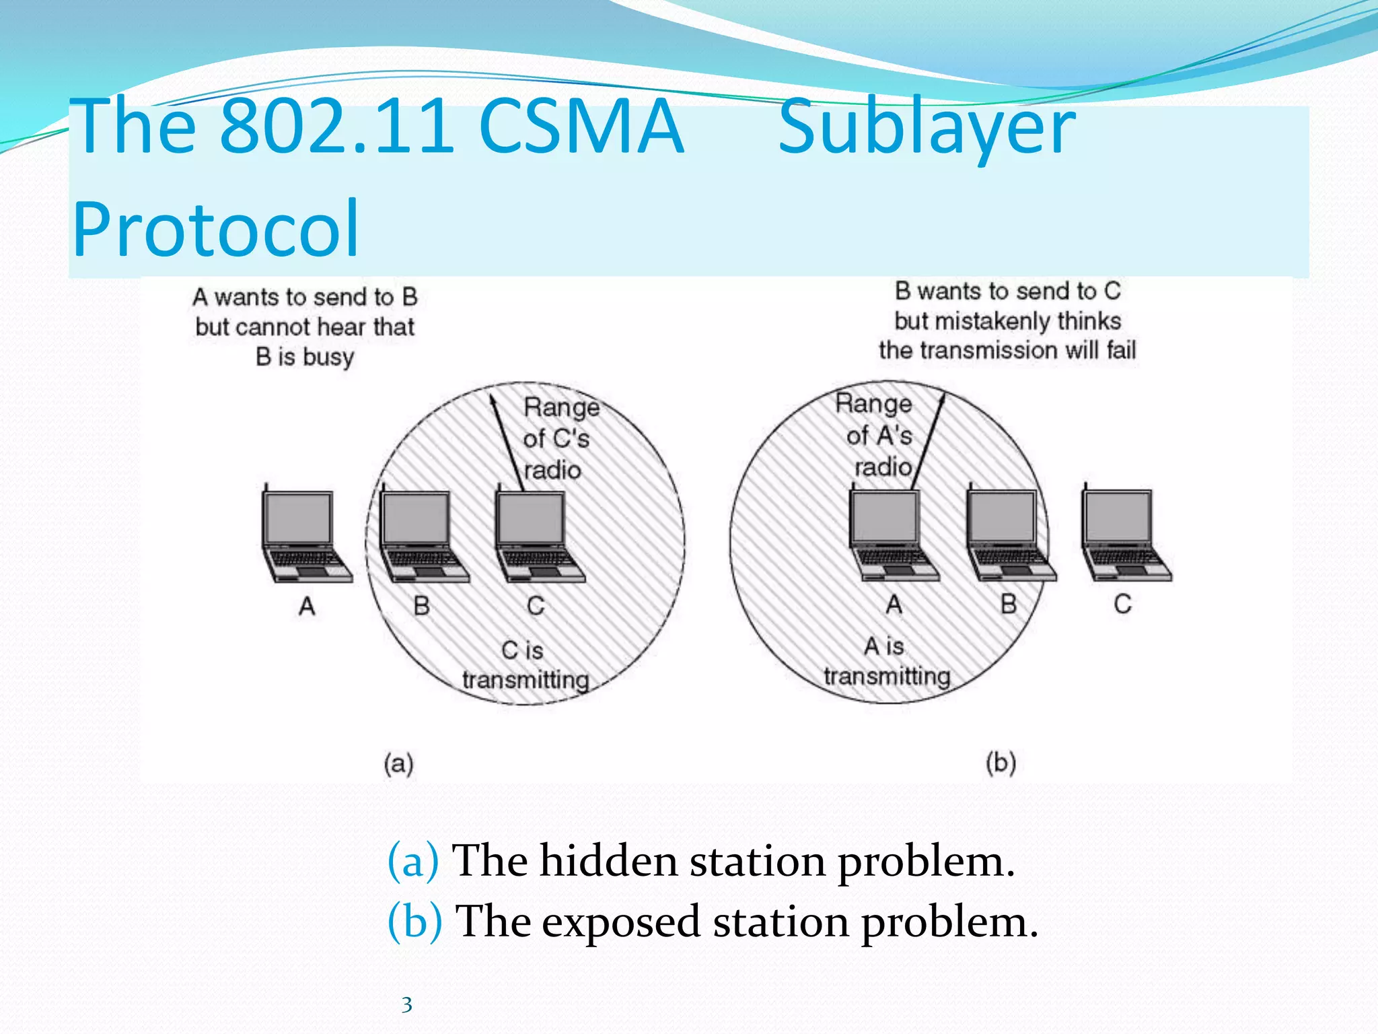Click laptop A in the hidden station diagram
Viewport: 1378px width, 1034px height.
point(304,535)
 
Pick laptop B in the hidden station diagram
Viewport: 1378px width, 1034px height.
point(421,535)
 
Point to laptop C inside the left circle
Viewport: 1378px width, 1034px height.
point(537,535)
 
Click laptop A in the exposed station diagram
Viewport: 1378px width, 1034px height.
point(891,535)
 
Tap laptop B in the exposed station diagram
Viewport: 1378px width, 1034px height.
point(1008,535)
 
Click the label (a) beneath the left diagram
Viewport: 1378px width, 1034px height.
point(398,763)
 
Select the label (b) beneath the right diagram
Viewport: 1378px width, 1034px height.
point(1001,763)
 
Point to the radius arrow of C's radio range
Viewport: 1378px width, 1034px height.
point(508,442)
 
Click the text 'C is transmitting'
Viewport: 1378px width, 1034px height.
point(525,665)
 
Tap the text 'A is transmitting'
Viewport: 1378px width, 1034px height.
point(886,661)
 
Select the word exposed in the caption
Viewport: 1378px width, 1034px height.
point(620,922)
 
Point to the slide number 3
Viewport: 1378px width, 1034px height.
point(406,1004)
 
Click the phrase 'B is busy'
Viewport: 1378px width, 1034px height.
point(304,356)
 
